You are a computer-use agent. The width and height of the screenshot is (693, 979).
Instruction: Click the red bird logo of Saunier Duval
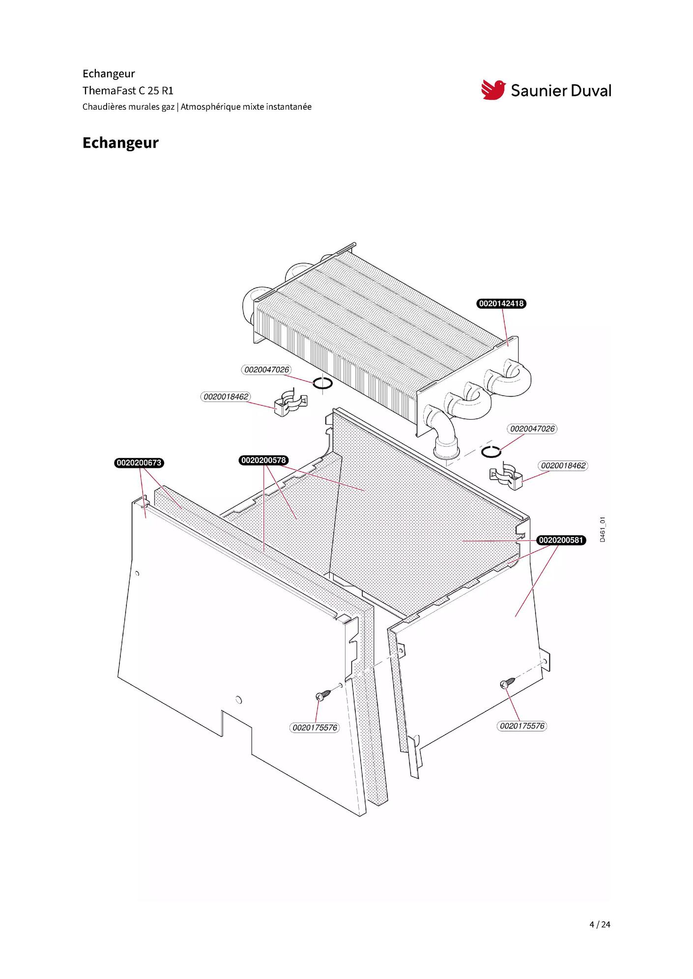click(493, 90)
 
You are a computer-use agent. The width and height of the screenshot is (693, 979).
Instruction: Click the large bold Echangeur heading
click(120, 143)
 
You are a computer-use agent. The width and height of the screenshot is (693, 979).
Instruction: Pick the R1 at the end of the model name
click(168, 91)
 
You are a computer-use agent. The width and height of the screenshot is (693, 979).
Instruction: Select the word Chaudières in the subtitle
click(104, 107)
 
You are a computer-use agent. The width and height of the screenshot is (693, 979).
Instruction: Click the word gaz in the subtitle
click(168, 108)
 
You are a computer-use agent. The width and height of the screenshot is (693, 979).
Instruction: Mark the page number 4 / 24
click(600, 925)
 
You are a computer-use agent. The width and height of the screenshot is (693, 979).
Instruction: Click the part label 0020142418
click(501, 304)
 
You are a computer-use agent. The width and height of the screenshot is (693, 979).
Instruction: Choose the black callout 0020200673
click(139, 463)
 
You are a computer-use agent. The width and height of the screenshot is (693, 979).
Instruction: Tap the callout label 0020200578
click(264, 461)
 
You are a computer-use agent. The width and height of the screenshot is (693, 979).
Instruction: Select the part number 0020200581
click(561, 541)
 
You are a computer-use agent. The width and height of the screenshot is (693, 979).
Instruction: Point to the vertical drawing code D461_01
click(603, 529)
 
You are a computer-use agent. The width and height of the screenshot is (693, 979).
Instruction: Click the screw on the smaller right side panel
click(508, 682)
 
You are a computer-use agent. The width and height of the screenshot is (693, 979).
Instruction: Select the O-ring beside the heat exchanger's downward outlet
click(491, 452)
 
